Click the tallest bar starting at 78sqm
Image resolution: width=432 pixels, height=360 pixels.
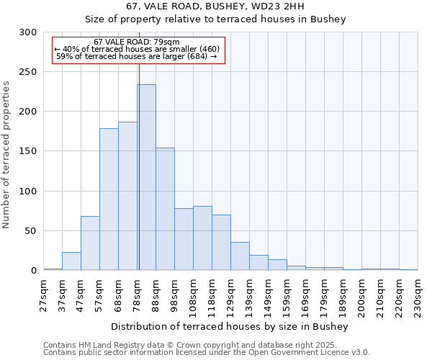pyautogui.click(x=147, y=177)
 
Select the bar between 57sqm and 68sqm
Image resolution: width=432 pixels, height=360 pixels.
pyautogui.click(x=109, y=199)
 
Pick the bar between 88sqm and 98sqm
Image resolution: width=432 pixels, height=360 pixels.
pyautogui.click(x=166, y=209)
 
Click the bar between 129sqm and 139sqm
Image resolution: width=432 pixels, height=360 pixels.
pyautogui.click(x=240, y=256)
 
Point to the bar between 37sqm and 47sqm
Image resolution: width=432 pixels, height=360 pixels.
pyautogui.click(x=72, y=261)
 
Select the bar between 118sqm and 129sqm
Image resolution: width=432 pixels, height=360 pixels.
pyautogui.click(x=222, y=243)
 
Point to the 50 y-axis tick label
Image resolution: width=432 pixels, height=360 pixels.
pyautogui.click(x=31, y=231)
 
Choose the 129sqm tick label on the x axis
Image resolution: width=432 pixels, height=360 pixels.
pyautogui.click(x=231, y=295)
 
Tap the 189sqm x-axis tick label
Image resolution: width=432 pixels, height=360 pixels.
pyautogui.click(x=343, y=295)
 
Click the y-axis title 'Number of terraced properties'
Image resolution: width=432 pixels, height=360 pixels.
pyautogui.click(x=6, y=155)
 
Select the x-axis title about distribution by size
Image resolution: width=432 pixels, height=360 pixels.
pyautogui.click(x=230, y=326)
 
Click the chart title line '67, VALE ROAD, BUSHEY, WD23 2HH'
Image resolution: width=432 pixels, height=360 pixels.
pyautogui.click(x=216, y=6)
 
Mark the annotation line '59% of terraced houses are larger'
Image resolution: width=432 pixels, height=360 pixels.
pyautogui.click(x=136, y=56)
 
